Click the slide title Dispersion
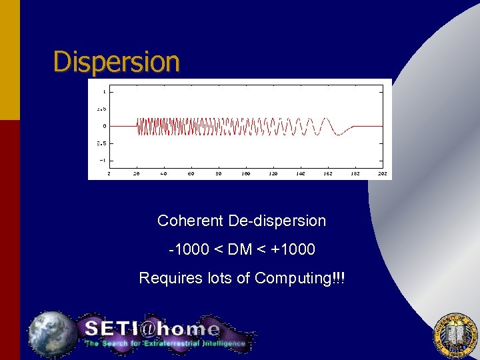[x=117, y=61]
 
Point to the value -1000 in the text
[x=189, y=249]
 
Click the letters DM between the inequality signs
[x=240, y=249]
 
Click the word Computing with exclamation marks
[x=300, y=279]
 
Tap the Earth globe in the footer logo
[x=51, y=333]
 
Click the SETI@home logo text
[x=152, y=329]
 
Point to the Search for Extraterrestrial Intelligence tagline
[x=165, y=344]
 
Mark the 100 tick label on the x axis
[x=246, y=173]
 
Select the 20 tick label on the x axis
[x=137, y=173]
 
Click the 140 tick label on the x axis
[x=301, y=173]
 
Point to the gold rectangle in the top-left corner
[x=10, y=60]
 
